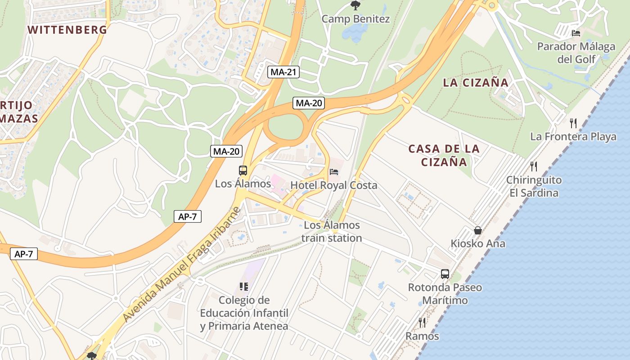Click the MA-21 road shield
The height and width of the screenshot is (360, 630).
click(x=283, y=72)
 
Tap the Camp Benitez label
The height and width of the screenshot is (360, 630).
click(x=355, y=19)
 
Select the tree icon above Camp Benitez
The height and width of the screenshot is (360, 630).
click(x=355, y=5)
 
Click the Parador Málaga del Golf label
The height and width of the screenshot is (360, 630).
click(x=576, y=53)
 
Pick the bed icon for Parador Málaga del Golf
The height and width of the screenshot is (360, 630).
click(x=576, y=33)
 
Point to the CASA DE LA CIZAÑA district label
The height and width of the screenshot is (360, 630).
click(x=444, y=155)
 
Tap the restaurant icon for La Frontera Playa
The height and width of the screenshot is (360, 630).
click(x=573, y=123)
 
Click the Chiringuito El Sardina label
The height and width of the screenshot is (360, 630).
click(x=534, y=186)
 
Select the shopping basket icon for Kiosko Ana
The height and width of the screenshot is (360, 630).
click(x=478, y=230)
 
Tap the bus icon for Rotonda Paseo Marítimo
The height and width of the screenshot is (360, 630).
click(x=445, y=274)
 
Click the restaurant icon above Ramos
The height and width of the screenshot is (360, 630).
click(x=422, y=322)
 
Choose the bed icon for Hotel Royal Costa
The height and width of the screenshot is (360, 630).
click(x=334, y=171)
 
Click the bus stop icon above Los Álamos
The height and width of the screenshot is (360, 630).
click(x=243, y=170)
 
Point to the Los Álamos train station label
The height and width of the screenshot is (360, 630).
click(x=332, y=231)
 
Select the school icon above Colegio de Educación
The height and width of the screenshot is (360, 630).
click(x=244, y=286)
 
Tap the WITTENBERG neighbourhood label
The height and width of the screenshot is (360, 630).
click(x=67, y=30)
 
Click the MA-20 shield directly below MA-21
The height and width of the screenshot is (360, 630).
click(x=309, y=103)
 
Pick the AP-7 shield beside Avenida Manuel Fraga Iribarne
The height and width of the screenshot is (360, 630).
click(x=187, y=216)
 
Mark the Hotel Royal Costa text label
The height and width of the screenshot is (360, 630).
click(x=334, y=185)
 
